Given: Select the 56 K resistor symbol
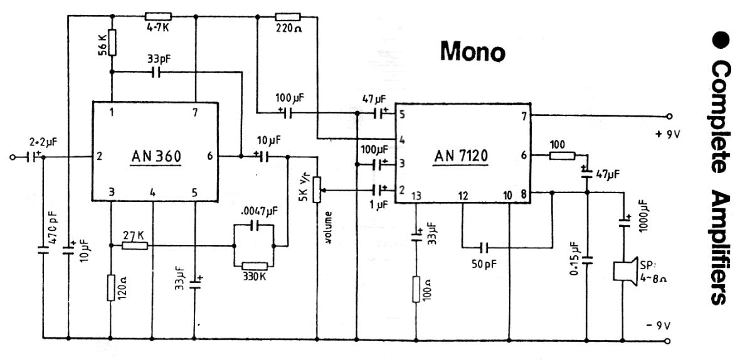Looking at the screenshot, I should [x=111, y=42].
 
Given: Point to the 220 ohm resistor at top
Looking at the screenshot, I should [x=288, y=17].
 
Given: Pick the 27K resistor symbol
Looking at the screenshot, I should [x=135, y=245].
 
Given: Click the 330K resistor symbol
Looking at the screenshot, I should [x=254, y=266].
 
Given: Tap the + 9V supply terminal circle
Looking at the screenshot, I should [x=669, y=116].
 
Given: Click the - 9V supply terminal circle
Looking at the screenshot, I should [x=669, y=341].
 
